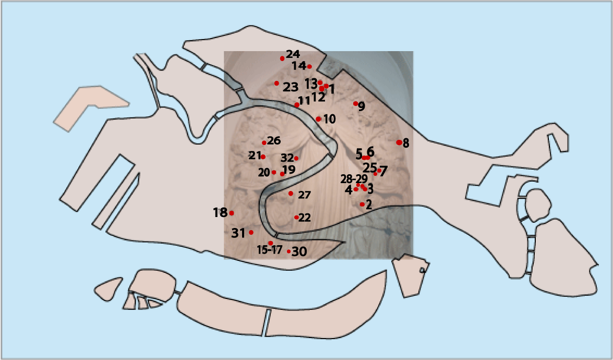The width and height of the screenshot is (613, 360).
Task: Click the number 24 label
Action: [x=293, y=54]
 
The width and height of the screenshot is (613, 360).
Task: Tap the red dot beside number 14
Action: [x=309, y=66]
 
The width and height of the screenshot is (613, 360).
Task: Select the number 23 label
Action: [x=290, y=87]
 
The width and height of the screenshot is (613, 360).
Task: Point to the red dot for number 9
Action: [x=356, y=103]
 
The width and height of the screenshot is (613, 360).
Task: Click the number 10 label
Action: [x=329, y=119]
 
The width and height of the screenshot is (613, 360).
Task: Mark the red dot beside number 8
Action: [x=399, y=142]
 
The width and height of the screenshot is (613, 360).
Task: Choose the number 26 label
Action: [x=274, y=140]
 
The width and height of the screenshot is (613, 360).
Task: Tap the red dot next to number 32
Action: [x=296, y=158]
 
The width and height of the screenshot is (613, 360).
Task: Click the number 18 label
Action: [x=220, y=212]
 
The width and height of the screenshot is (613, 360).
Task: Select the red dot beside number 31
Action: [x=251, y=232]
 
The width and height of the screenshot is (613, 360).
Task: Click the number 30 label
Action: [x=299, y=251]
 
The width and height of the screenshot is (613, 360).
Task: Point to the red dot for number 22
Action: [x=296, y=217]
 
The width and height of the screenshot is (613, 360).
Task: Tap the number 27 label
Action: [x=304, y=195]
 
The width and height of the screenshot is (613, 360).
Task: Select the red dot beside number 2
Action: [x=362, y=204]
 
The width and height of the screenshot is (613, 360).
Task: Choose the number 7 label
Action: [x=383, y=172]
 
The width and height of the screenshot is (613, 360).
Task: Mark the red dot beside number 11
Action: [x=297, y=105]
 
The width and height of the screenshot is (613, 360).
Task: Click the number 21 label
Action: [x=255, y=155]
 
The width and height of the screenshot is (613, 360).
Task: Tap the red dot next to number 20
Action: [x=274, y=172]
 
